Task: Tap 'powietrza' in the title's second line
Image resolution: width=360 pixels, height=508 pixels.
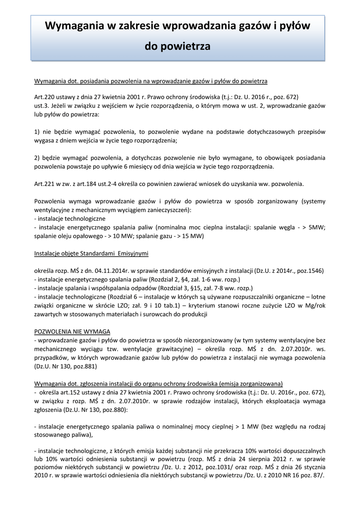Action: pyautogui.click(x=190, y=47)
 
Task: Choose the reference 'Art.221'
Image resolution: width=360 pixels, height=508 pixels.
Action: pyautogui.click(x=44, y=184)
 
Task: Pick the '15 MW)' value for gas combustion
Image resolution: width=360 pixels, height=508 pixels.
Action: pyautogui.click(x=192, y=236)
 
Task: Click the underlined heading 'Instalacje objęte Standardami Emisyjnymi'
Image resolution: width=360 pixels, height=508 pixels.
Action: pyautogui.click(x=91, y=253)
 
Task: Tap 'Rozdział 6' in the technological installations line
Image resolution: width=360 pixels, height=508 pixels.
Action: pyautogui.click(x=118, y=296)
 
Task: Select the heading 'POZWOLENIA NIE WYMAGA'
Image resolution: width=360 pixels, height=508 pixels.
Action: pyautogui.click(x=72, y=331)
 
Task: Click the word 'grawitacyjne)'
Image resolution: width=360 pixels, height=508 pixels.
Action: pyautogui.click(x=168, y=349)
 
